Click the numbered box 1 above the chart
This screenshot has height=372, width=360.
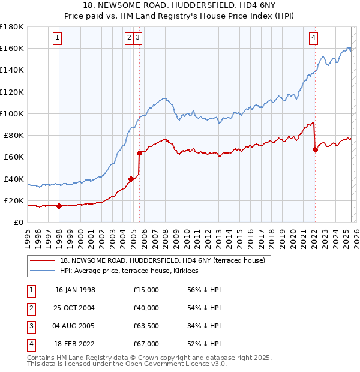point(58,38)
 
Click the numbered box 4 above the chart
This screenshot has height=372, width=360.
point(313,38)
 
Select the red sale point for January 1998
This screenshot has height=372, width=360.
point(59,206)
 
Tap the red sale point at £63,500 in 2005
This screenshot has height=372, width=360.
point(139,153)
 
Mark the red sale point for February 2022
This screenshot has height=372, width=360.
point(315,149)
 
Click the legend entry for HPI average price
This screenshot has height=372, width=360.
point(133,271)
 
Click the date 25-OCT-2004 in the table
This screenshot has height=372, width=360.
point(75,308)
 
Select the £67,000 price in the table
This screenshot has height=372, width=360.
point(146,344)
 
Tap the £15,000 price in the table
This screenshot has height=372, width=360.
point(146,290)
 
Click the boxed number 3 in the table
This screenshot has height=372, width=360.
point(31,326)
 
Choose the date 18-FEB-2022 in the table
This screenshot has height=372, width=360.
point(75,344)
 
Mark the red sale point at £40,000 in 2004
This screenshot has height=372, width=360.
point(131,179)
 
